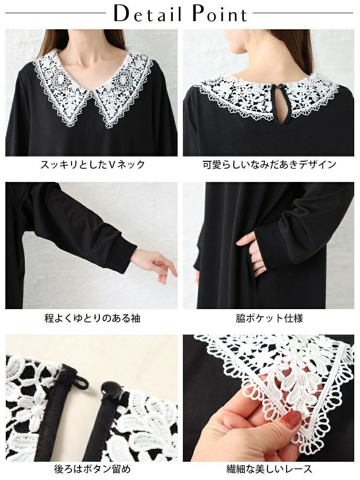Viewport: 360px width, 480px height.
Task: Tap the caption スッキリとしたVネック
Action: pyautogui.click(x=92, y=165)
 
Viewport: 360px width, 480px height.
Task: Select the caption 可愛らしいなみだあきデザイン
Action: pyautogui.click(x=270, y=165)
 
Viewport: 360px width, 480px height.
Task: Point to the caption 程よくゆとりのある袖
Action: pyautogui.click(x=92, y=318)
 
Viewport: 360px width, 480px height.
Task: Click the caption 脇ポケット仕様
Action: pyautogui.click(x=269, y=318)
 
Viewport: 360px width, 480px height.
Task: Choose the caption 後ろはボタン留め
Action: pyautogui.click(x=93, y=468)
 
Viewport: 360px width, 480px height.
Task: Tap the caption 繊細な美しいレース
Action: pyautogui.click(x=269, y=468)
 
